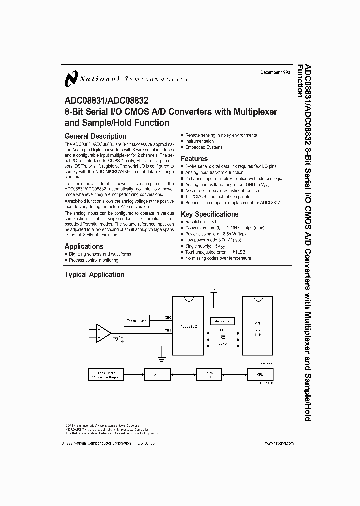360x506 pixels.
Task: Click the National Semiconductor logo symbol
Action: pos(72,78)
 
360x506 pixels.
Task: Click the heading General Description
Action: pos(96,136)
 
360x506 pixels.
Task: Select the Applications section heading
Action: pos(84,246)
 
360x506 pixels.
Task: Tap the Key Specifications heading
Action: pos(209,214)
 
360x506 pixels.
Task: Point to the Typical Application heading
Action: pos(94,274)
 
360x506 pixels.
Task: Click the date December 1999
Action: pos(277,72)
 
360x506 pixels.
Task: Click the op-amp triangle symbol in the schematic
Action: pos(103,333)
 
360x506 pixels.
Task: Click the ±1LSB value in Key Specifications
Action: pos(240,253)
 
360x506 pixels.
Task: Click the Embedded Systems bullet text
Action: pos(204,147)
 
